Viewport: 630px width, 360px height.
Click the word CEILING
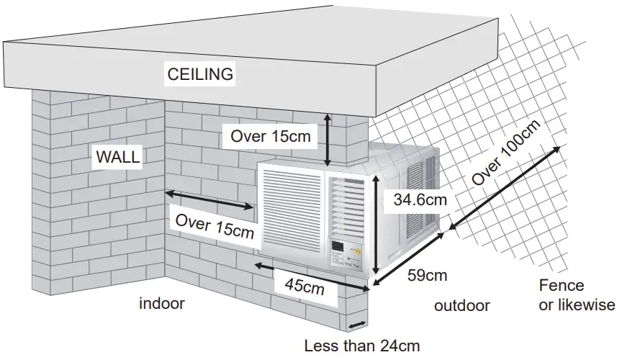(200, 73)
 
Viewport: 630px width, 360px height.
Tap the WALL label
(119, 157)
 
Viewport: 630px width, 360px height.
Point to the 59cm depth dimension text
(428, 275)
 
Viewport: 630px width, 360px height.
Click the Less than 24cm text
(361, 346)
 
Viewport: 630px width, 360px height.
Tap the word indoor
(162, 304)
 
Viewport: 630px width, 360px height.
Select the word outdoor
(462, 305)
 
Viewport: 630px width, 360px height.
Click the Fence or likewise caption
(577, 295)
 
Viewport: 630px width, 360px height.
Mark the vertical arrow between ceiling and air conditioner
(328, 140)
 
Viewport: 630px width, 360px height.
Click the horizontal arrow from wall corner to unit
(209, 200)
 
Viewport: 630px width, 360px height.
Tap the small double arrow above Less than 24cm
(358, 323)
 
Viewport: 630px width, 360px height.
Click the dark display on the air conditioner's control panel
(337, 250)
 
